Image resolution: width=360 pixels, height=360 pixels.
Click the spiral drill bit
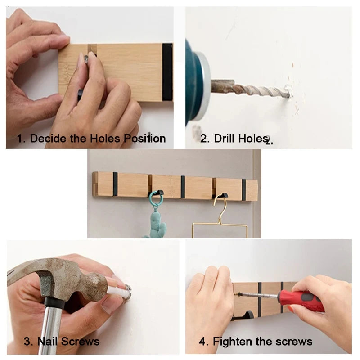[252, 90]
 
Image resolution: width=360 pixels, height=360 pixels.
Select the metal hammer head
[58, 274]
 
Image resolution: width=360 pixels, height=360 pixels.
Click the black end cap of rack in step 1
[167, 72]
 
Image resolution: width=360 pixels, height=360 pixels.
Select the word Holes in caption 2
[253, 138]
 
